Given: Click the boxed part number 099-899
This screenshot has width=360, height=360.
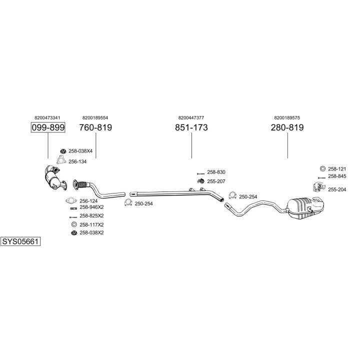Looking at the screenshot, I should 48,127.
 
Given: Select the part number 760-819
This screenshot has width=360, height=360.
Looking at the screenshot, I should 95,127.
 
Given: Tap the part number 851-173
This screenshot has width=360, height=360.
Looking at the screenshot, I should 191,127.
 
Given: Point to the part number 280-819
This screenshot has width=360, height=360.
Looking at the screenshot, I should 287,127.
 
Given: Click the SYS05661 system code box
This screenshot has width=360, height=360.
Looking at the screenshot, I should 20,241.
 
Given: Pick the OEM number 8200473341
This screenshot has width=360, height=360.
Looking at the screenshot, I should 48,117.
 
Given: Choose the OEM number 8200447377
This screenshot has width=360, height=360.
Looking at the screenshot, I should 191,117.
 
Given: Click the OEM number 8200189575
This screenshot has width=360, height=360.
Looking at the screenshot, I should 287,117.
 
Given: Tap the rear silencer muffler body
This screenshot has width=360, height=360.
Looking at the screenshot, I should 305,207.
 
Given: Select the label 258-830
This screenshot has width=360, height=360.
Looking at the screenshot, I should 216,172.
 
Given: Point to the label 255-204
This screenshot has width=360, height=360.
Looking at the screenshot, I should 337,189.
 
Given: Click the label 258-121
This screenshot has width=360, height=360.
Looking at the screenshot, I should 337,168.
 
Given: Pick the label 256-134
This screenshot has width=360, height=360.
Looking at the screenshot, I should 77,161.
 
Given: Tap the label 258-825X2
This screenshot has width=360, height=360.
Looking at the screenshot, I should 91,215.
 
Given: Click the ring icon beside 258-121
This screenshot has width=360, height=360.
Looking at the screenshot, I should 322,168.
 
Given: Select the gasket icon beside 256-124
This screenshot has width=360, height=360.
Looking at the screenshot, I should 71,200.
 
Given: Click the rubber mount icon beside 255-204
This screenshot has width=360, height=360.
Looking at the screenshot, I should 317,187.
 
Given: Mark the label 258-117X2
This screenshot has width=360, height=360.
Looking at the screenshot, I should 91,224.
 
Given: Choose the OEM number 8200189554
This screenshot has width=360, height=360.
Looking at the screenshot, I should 95,117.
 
